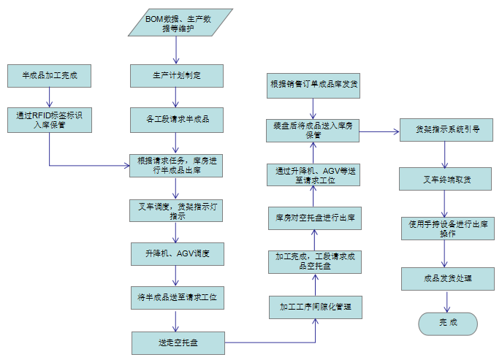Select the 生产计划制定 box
[x=176, y=75]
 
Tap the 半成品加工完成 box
[x=50, y=75]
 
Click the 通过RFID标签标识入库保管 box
[x=50, y=120]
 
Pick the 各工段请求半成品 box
[x=176, y=118]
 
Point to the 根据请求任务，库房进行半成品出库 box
[x=176, y=165]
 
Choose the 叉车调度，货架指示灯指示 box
[x=176, y=211]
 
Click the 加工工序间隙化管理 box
[x=315, y=307]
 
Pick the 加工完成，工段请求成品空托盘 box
[x=315, y=261]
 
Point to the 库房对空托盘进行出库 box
[x=315, y=218]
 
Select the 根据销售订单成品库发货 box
[x=313, y=85]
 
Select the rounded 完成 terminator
[x=446, y=323]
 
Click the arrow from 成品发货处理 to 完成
[x=446, y=301]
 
